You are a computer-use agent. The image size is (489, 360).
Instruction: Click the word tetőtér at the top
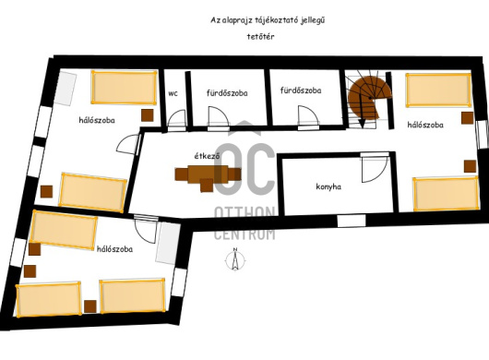261,37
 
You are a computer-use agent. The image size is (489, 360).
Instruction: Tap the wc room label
173,93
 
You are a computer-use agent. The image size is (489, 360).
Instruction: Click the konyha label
328,186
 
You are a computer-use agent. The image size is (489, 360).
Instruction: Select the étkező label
207,156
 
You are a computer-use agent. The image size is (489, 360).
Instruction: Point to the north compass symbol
235,259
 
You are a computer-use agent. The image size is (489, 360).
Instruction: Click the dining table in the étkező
208,176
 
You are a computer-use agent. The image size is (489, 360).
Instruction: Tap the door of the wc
176,118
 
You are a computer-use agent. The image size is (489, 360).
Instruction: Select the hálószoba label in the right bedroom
425,125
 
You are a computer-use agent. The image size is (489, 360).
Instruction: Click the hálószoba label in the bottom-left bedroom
114,249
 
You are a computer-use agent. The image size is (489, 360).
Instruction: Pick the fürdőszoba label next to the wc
227,93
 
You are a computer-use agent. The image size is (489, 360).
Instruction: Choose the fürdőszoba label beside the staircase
301,90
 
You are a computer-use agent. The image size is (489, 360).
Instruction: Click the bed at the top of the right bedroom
438,90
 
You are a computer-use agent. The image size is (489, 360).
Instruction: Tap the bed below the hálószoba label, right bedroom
446,194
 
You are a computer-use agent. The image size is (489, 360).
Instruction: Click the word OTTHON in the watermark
244,213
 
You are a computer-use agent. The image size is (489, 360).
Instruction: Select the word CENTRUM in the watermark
244,234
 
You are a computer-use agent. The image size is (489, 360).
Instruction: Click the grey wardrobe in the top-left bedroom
66,89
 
